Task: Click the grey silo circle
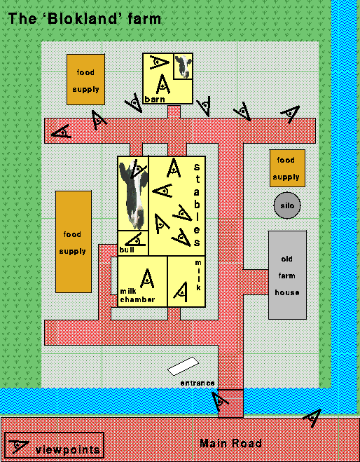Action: point(287,205)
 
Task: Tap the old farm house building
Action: point(287,275)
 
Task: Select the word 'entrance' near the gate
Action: point(198,383)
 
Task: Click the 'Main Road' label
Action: point(230,443)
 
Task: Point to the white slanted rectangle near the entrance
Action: point(183,366)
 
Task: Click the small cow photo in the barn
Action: point(183,67)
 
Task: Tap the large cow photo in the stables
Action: point(133,193)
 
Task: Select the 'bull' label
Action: point(127,250)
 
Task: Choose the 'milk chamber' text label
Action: point(137,296)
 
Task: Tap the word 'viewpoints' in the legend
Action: point(68,450)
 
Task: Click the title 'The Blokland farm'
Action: point(85,18)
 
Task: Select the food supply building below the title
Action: point(85,79)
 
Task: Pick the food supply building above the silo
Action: point(287,168)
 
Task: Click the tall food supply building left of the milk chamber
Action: point(74,242)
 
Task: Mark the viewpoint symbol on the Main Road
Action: point(312,418)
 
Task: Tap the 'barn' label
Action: point(155,100)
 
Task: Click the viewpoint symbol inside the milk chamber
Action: point(147,279)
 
